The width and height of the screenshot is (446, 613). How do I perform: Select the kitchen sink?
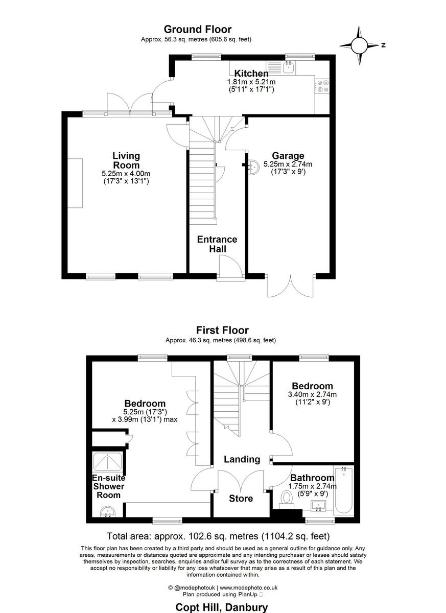click(288, 66)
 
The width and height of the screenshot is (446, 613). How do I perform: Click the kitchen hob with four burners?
click(322, 86)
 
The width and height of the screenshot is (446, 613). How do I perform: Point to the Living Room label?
click(126, 160)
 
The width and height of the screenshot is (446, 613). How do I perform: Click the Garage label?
click(288, 156)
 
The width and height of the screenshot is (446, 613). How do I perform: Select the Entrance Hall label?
click(217, 244)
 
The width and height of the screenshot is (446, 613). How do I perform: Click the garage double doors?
click(290, 287)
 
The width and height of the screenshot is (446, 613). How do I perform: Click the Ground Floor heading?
click(197, 30)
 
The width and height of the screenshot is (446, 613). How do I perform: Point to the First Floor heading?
click(222, 331)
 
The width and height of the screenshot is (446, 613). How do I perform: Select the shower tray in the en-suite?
click(108, 462)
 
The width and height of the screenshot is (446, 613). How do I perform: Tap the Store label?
click(241, 498)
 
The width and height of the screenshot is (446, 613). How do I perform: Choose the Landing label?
click(242, 459)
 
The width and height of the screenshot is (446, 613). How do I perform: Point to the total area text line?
click(218, 536)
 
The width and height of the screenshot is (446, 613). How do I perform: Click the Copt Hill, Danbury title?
click(221, 607)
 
